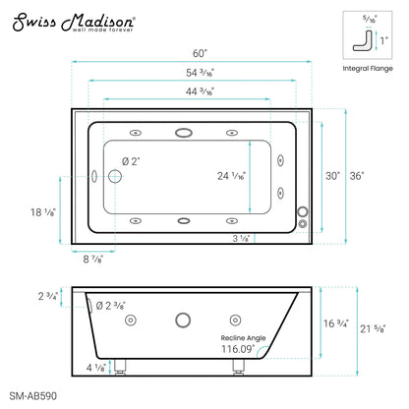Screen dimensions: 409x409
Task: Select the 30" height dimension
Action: coord(331,176)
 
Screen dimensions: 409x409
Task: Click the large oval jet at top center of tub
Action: coord(184,132)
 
